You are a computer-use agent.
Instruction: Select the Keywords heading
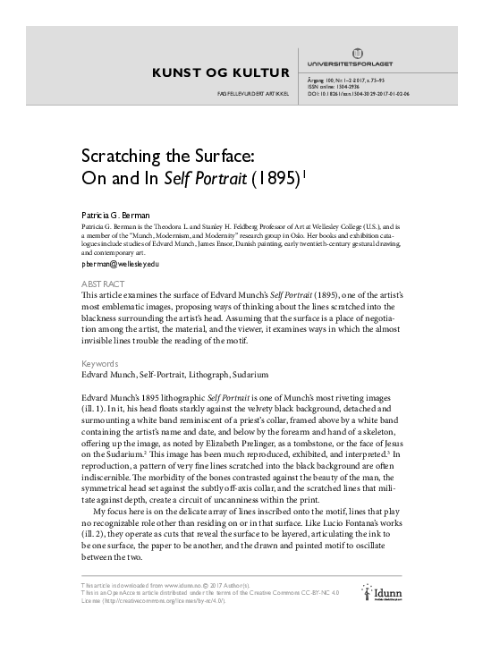pos(100,365)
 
